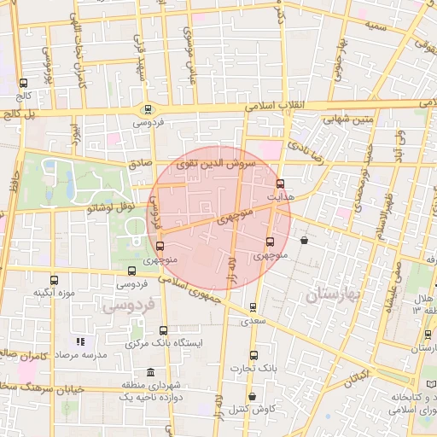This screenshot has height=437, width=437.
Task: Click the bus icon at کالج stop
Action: click(x=23, y=84)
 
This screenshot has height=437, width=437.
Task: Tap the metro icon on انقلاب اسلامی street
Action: click(x=149, y=109)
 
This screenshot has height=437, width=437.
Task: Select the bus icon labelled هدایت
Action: click(x=280, y=184)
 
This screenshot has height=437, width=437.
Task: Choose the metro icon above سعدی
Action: click(x=253, y=308)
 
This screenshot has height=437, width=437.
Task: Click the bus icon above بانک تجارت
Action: click(x=253, y=355)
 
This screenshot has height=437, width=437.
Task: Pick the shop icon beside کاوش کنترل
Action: click(x=253, y=397)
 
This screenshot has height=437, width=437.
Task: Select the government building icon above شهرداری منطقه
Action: click(x=150, y=373)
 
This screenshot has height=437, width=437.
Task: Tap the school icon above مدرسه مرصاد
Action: click(x=80, y=341)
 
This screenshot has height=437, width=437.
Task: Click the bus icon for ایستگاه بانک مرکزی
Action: click(x=163, y=330)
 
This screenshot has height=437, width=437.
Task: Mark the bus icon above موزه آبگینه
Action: click(x=55, y=280)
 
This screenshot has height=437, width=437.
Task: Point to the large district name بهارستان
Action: click(x=333, y=295)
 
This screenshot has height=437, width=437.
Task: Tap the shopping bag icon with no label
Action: click(x=305, y=241)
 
